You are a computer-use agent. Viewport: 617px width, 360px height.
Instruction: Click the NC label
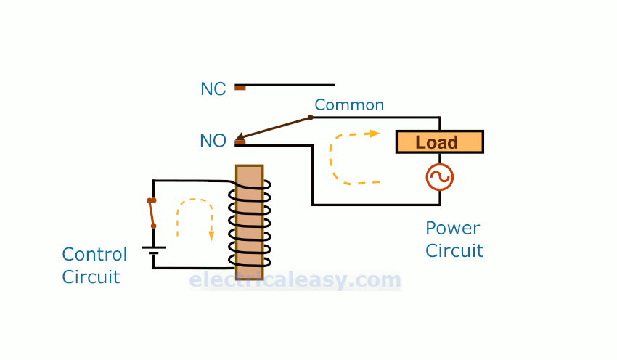[x=213, y=89]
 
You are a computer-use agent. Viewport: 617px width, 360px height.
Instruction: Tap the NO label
[x=213, y=141]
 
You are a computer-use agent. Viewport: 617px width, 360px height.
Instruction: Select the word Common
[x=349, y=105]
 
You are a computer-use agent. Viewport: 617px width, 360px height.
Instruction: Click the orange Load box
[x=439, y=142]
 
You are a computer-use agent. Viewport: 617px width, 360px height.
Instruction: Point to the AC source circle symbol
[x=439, y=177]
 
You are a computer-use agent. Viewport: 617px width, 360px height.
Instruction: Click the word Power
[x=452, y=229]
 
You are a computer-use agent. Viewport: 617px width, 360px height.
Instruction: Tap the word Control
[x=94, y=255]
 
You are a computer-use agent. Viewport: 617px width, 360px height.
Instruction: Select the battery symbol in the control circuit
[x=153, y=250]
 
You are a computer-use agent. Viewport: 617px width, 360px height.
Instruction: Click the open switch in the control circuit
[x=152, y=213]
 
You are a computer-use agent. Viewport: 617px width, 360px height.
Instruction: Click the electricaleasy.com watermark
[x=295, y=280]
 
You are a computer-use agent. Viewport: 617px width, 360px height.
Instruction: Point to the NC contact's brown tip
[x=240, y=89]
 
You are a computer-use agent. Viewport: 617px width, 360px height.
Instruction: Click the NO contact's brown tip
[x=240, y=142]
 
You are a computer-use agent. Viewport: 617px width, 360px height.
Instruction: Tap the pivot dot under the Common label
[x=311, y=118]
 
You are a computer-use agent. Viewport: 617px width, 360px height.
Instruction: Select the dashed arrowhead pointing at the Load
[x=375, y=134]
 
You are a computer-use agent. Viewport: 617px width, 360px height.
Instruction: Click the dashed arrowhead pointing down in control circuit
[x=211, y=235]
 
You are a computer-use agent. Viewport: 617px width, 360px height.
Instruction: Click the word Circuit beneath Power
[x=454, y=251]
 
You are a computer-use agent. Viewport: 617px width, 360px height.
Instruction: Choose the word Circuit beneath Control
[x=91, y=277]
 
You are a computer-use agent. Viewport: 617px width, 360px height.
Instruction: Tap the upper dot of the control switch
[x=150, y=200]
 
